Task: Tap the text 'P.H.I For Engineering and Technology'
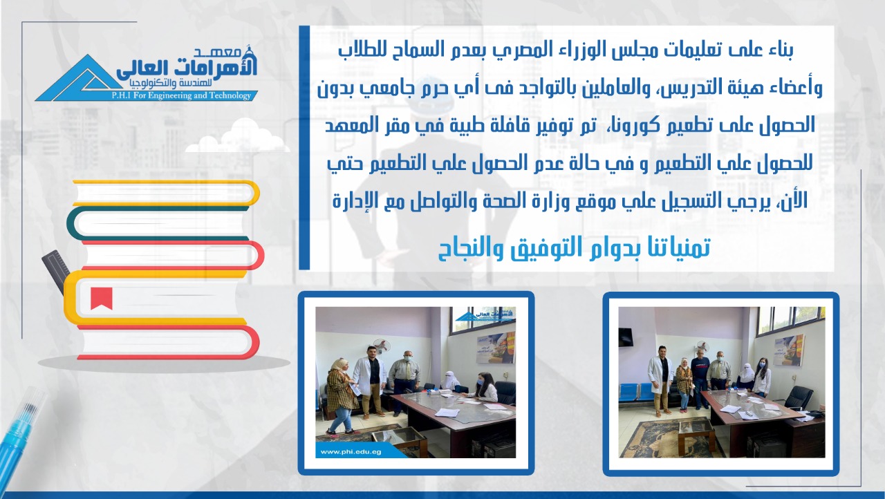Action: point(182,95)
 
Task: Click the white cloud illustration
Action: point(237,137)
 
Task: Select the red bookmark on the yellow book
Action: point(102,298)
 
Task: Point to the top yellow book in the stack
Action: point(166,193)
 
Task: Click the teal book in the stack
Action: point(158,224)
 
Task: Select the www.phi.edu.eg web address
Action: point(351,451)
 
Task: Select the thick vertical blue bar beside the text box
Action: point(304,148)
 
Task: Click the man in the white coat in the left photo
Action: point(369,381)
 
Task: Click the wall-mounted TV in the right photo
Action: point(626,337)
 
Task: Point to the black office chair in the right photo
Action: point(797,398)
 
